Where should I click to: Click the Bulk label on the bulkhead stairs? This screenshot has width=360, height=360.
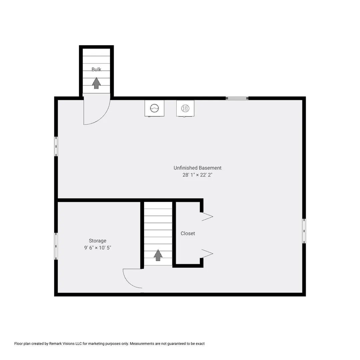96,69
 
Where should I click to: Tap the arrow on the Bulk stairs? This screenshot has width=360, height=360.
96,83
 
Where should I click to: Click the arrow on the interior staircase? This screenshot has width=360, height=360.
158,255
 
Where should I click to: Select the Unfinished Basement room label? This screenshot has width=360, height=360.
197,168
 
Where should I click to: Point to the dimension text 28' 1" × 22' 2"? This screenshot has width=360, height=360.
197,175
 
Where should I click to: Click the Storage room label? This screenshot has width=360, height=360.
98,241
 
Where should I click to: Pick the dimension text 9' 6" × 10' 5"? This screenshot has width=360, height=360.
98,248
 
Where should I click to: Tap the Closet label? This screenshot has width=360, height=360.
188,233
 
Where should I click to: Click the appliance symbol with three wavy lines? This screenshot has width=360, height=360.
185,108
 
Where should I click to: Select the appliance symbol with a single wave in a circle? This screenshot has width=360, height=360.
154,108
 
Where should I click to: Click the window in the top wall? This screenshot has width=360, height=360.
237,98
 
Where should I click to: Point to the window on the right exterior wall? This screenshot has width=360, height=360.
304,231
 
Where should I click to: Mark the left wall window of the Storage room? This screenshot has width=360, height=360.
56,246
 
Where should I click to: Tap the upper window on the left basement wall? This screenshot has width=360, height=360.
56,146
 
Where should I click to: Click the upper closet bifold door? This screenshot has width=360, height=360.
207,217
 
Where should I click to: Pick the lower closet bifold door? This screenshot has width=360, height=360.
207,254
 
